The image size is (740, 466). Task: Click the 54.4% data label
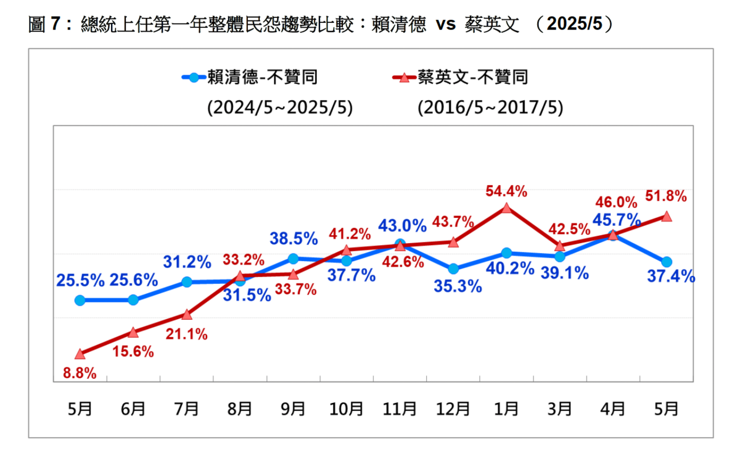(x=506, y=191)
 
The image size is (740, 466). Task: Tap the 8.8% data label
(x=80, y=373)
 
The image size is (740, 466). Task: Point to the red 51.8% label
(x=665, y=196)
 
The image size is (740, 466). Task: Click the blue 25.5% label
(x=80, y=281)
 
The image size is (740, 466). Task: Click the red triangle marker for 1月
(x=506, y=209)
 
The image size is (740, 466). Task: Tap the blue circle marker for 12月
(x=453, y=269)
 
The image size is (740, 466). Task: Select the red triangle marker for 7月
(x=187, y=315)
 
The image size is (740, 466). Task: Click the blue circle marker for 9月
(x=294, y=259)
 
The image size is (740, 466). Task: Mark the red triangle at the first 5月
(x=80, y=354)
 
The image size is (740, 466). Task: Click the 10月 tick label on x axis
(x=347, y=408)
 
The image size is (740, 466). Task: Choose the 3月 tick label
(x=559, y=408)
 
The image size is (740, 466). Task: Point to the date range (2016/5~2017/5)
(x=490, y=107)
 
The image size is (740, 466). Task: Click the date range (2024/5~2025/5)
(x=280, y=107)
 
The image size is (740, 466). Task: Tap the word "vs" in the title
(x=446, y=25)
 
